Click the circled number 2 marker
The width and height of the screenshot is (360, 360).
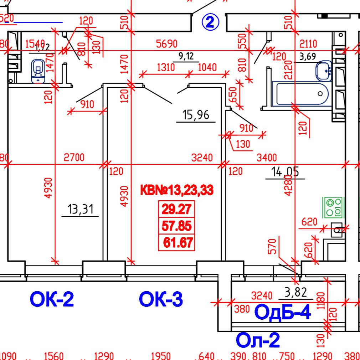tap(210, 22)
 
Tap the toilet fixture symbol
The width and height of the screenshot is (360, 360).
tap(38, 71)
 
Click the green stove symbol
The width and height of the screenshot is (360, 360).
tap(333, 207)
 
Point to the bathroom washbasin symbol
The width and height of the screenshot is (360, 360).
tap(324, 71)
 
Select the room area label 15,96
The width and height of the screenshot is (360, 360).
tap(196, 115)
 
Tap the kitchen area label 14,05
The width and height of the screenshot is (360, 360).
tap(285, 172)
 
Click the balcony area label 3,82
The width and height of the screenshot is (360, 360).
tap(295, 292)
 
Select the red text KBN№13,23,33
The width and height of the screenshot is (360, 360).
tap(177, 190)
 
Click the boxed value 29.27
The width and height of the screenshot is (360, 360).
tap(177, 209)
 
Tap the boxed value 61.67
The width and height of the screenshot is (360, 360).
tap(178, 243)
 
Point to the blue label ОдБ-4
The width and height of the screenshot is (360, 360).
tap(282, 313)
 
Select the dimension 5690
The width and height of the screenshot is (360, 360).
tap(167, 44)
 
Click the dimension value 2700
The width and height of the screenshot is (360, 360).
tap(74, 157)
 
